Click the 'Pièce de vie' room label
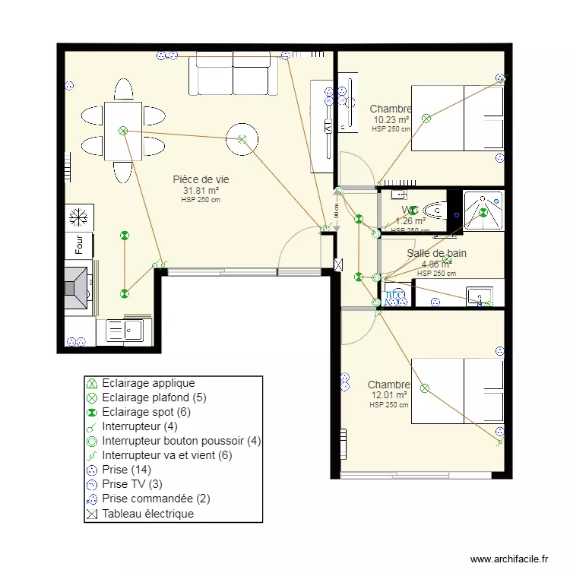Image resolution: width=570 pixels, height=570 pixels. (x=201, y=179)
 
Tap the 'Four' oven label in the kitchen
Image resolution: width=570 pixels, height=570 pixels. (x=78, y=245)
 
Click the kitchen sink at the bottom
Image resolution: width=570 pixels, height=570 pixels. (x=126, y=330)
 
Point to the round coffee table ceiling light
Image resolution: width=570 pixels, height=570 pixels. (x=242, y=139)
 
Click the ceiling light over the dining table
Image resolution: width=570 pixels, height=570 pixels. (x=122, y=131)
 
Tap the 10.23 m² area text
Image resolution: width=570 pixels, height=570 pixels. (x=391, y=120)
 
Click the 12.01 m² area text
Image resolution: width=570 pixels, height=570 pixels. (x=390, y=395)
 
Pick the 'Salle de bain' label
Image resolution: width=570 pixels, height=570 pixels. (x=436, y=254)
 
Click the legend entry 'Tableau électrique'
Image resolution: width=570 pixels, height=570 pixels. (x=147, y=514)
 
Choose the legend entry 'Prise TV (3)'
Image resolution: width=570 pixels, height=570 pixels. (x=133, y=484)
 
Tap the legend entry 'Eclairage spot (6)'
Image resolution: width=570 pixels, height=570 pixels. (x=145, y=412)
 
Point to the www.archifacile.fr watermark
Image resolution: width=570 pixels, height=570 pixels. (x=508, y=559)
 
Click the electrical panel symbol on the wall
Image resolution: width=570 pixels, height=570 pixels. (x=338, y=265)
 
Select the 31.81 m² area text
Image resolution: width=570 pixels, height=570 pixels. (x=201, y=191)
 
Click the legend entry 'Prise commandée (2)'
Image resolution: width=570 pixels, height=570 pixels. (x=156, y=499)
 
